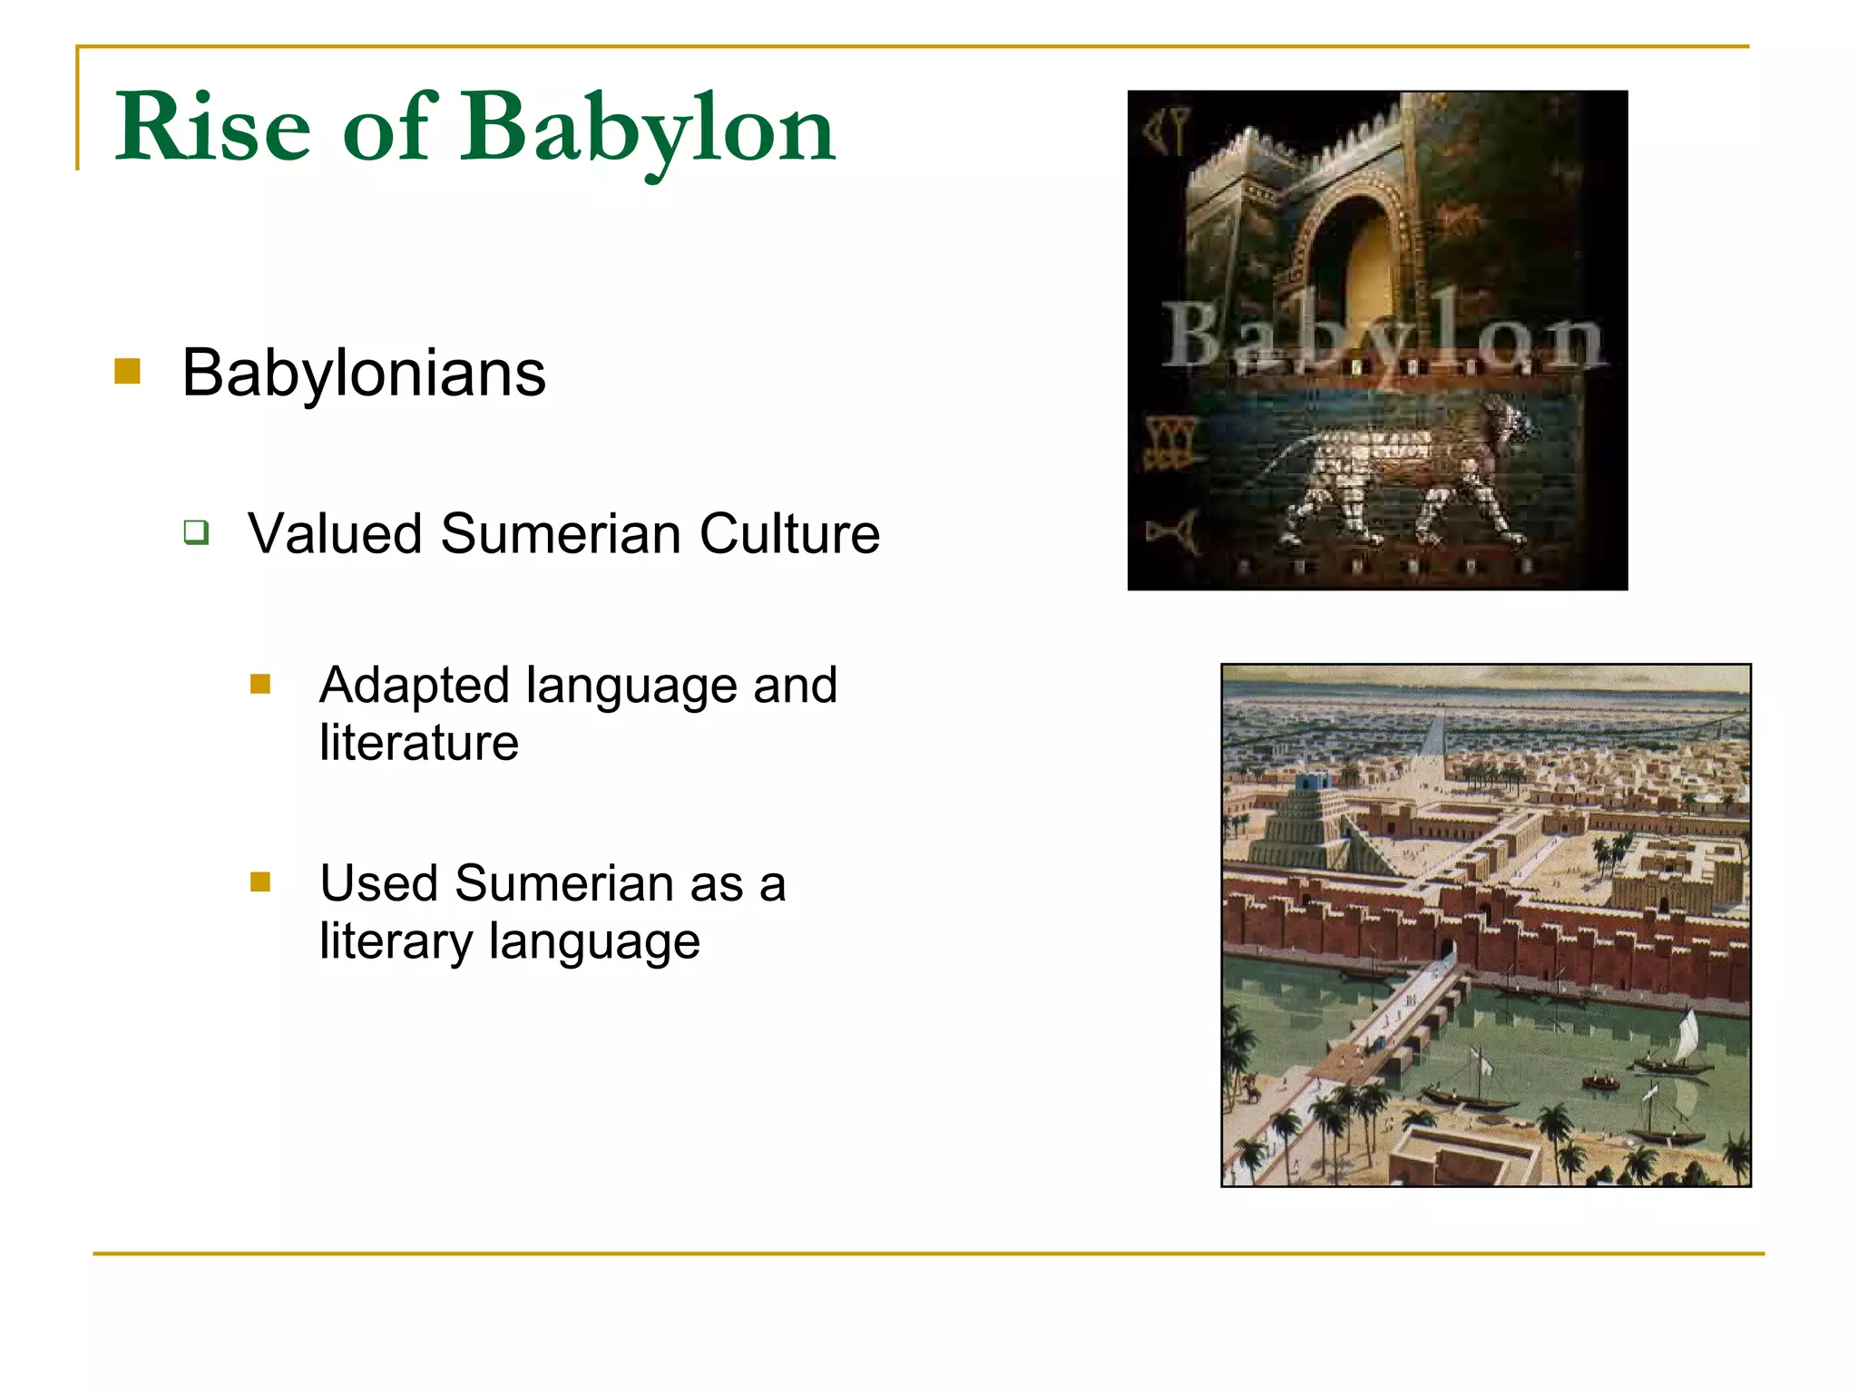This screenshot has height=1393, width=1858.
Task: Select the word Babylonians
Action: pyautogui.click(x=364, y=373)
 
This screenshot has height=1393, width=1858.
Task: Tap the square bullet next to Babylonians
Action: pyautogui.click(x=127, y=371)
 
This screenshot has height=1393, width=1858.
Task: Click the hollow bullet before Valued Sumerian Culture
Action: pyautogui.click(x=196, y=531)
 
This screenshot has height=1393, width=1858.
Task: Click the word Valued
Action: pyautogui.click(x=335, y=533)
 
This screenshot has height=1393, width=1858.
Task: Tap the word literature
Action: pyautogui.click(x=419, y=743)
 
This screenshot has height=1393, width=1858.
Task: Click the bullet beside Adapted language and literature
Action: pyautogui.click(x=260, y=684)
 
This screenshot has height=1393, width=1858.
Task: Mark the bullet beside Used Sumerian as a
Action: pyautogui.click(x=260, y=882)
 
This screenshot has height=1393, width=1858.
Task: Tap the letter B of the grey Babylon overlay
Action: pyautogui.click(x=1192, y=336)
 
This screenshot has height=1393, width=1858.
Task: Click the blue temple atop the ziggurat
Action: pyautogui.click(x=1312, y=781)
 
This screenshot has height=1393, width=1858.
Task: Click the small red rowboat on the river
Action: pyautogui.click(x=1600, y=1081)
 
